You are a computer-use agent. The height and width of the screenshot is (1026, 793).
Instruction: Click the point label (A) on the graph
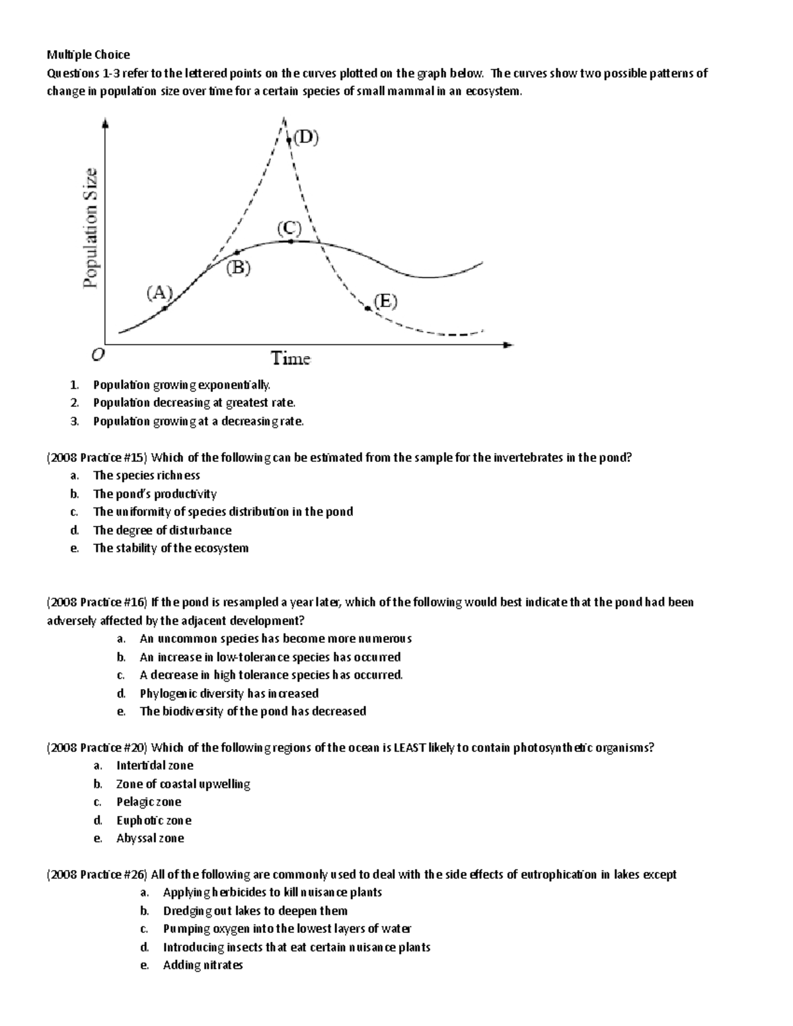coord(159,293)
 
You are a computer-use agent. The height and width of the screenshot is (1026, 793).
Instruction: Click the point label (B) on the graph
coord(239,268)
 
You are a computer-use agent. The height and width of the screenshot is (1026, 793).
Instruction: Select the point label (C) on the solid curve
coord(289,229)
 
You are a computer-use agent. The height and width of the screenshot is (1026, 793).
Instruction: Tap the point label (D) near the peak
coord(306,137)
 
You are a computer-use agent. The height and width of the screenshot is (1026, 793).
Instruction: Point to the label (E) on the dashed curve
coord(385,302)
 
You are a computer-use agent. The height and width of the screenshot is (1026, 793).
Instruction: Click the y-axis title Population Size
coord(91,227)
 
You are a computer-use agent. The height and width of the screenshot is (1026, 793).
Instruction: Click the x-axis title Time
coord(291,359)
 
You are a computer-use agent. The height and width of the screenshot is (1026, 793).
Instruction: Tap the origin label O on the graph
coord(97,355)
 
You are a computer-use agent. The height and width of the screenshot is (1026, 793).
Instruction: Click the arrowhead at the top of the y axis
coord(106,122)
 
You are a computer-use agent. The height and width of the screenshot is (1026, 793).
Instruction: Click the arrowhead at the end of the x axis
coord(508,344)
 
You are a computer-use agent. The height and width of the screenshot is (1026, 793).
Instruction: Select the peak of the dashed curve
coord(283,120)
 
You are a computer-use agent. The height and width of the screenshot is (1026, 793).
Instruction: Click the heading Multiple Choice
coord(88,55)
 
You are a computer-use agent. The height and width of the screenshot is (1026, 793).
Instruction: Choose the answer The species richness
coord(146,476)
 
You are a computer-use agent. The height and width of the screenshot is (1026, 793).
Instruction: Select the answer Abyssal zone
coord(150,838)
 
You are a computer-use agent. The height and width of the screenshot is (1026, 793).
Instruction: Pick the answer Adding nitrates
coord(203,965)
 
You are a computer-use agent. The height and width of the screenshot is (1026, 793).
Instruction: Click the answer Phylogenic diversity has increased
coord(229,694)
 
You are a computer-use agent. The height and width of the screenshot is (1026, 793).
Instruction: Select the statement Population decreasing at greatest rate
coord(194,403)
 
